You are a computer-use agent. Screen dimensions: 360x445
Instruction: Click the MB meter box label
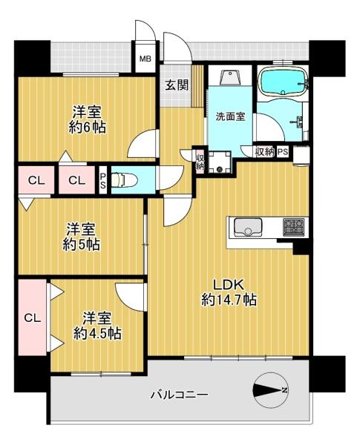(145, 59)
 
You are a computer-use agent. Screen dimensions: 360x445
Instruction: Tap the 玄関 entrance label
(177, 85)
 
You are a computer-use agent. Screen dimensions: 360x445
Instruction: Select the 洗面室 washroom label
(230, 116)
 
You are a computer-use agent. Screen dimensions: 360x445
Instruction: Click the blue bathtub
(283, 82)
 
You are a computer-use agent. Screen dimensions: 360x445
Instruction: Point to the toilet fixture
(124, 179)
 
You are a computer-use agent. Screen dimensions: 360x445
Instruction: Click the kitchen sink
(247, 228)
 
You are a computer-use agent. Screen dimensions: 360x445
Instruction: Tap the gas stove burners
(294, 227)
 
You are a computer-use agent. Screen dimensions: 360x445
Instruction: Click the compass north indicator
(270, 390)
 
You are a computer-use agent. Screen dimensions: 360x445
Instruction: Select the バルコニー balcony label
(180, 395)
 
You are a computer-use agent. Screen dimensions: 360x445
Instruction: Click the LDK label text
(229, 285)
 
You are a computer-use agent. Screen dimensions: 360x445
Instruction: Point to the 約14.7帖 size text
(229, 300)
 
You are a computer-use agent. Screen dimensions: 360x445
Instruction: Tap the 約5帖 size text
(81, 244)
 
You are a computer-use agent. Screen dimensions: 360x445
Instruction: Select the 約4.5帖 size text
(97, 333)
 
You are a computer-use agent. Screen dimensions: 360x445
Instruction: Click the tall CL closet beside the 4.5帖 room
(33, 317)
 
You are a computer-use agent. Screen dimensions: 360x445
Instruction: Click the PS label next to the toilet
(103, 181)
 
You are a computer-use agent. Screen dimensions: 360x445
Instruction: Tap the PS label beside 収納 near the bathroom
(282, 152)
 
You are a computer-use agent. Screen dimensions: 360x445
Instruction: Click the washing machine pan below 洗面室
(220, 162)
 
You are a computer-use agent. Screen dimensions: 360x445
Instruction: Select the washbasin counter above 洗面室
(230, 75)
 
